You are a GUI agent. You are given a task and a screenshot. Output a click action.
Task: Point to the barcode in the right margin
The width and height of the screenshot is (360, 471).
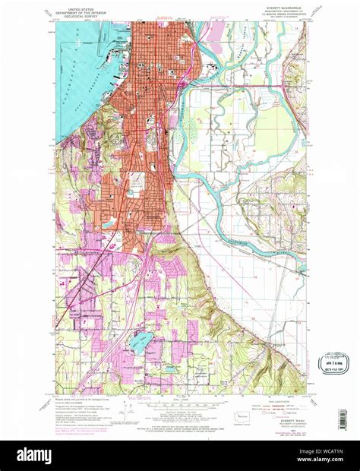343,419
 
